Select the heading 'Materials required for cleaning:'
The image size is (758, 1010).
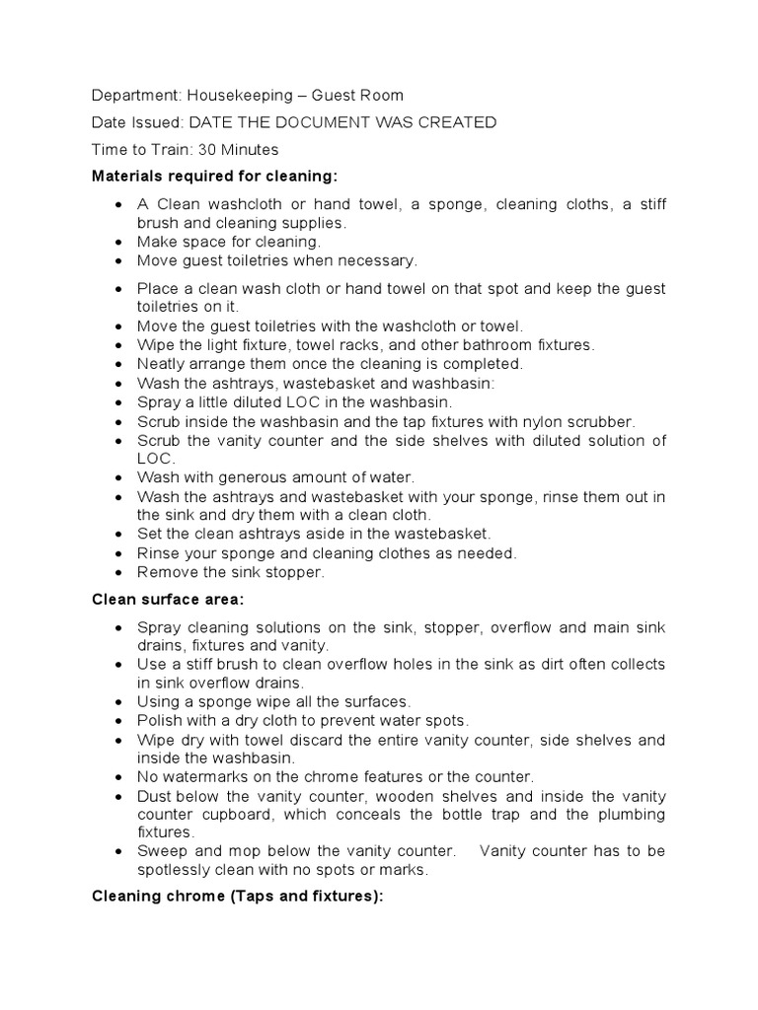[214, 177]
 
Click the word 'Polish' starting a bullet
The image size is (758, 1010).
[159, 721]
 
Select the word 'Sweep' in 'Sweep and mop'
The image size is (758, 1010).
[160, 852]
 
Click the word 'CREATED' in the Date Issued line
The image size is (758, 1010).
[459, 122]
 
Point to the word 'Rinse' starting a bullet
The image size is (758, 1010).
[158, 553]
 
